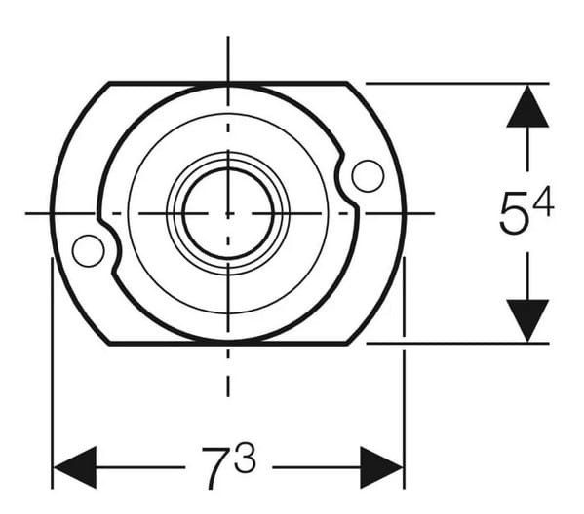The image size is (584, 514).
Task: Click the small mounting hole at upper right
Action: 368,175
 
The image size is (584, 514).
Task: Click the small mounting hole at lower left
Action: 88,251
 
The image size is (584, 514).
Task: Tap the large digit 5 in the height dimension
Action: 513,214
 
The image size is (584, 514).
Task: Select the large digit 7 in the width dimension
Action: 215,465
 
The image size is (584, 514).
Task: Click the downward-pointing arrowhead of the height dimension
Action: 527,321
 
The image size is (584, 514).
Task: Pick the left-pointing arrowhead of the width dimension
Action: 74,467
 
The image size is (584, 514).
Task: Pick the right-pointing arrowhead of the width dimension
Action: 381,467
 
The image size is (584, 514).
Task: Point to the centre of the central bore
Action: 228,212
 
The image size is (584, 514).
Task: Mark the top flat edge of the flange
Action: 228,83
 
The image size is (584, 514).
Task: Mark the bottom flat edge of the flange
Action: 228,343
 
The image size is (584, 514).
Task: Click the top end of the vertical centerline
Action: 228,37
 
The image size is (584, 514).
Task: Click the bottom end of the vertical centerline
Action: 228,394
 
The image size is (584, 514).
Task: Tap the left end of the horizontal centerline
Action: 27,212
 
